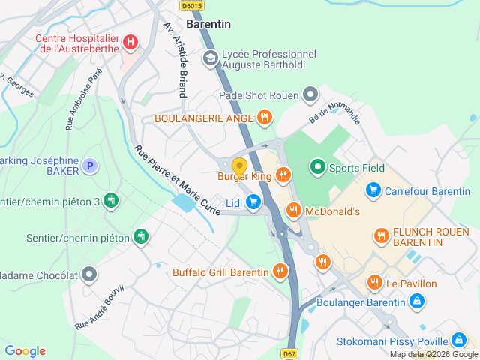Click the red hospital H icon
[131, 41]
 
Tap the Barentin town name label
[208, 24]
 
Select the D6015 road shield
[192, 5]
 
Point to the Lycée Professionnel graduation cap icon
[211, 56]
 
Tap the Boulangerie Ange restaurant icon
[264, 118]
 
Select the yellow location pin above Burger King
[240, 166]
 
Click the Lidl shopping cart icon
[253, 202]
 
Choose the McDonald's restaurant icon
[293, 211]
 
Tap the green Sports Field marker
[318, 167]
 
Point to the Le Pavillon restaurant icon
[374, 283]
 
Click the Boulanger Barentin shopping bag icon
[416, 302]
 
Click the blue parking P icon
[90, 166]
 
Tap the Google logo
[25, 351]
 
